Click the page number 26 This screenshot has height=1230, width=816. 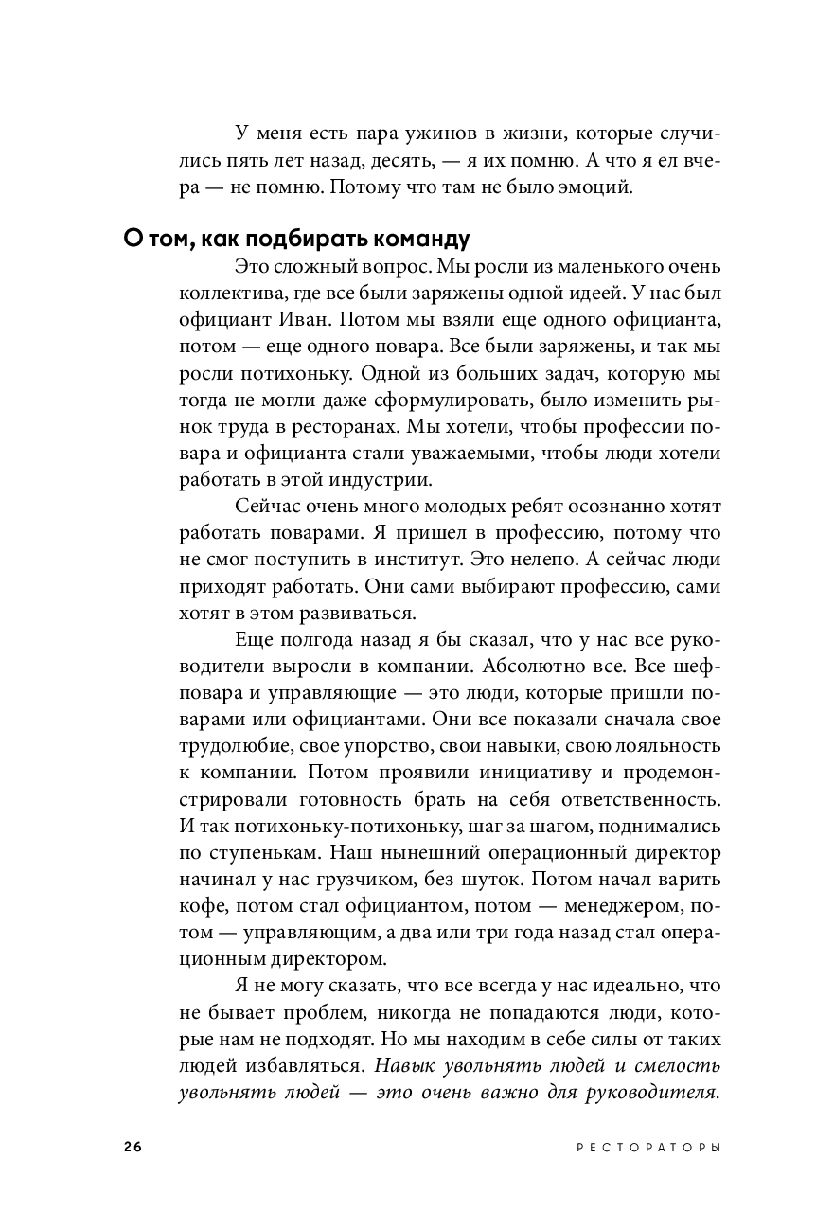(132, 1147)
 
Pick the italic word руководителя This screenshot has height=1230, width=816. (654, 1092)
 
